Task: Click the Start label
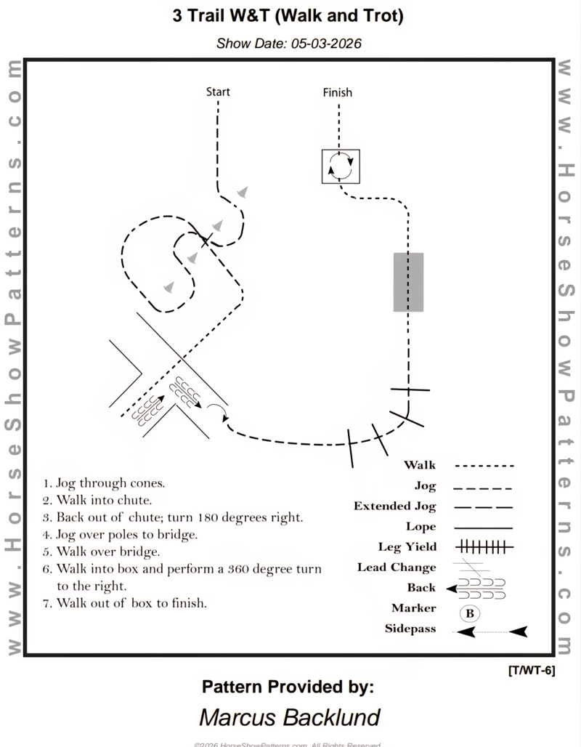(x=218, y=92)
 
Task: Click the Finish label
(x=337, y=92)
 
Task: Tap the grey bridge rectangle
(x=408, y=282)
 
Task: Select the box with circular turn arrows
(x=341, y=166)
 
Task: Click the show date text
(x=289, y=43)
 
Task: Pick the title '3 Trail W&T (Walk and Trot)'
(x=289, y=17)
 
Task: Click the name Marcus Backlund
(x=289, y=718)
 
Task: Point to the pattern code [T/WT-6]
(x=532, y=671)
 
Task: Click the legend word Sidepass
(x=410, y=629)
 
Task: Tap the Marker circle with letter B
(x=470, y=613)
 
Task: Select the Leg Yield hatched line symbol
(x=484, y=546)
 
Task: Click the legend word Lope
(x=421, y=527)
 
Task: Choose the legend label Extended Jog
(x=395, y=506)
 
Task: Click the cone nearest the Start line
(x=243, y=193)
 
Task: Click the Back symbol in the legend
(x=476, y=588)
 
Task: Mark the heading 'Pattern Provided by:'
(x=288, y=685)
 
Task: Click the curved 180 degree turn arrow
(x=219, y=411)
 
